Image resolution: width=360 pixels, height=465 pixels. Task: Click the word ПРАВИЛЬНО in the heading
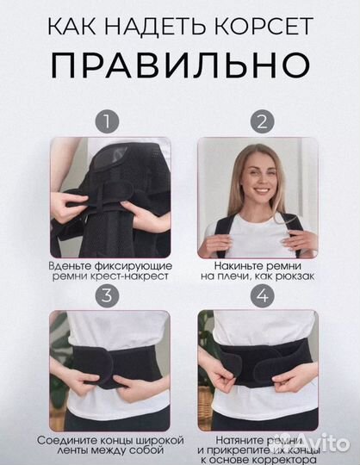coord(180,65)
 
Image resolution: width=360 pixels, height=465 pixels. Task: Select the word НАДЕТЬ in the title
coord(160,23)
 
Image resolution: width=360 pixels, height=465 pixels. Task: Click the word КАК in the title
coord(75,23)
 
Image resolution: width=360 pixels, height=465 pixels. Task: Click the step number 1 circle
coord(109,121)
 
